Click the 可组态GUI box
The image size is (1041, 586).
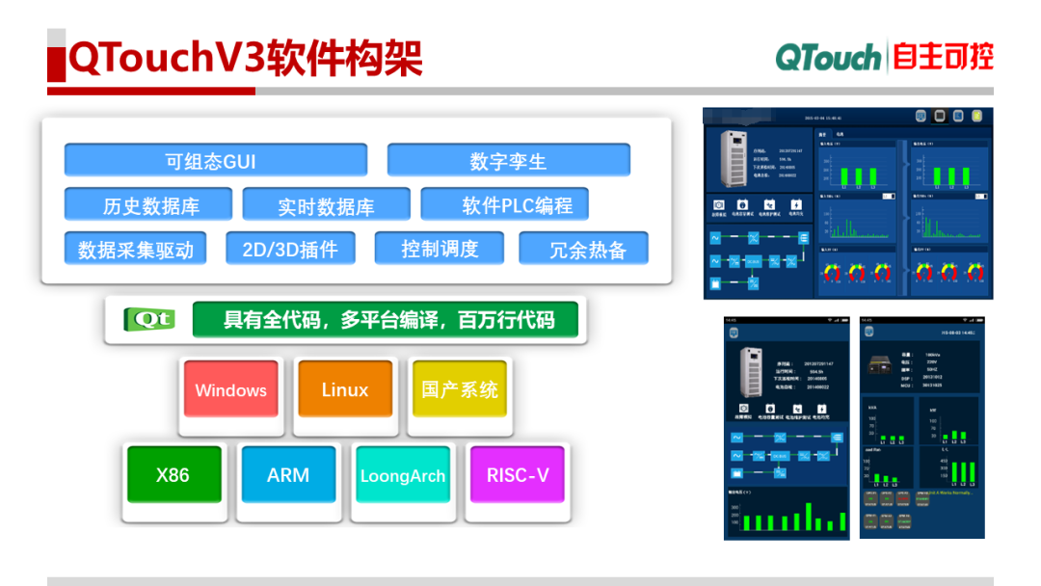pyautogui.click(x=215, y=160)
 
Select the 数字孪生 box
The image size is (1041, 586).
pyautogui.click(x=508, y=160)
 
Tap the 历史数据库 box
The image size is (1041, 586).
pyautogui.click(x=148, y=205)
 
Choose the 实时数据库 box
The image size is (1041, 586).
pyautogui.click(x=326, y=205)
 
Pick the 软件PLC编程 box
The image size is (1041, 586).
pyautogui.click(x=504, y=204)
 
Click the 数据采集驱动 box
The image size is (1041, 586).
pyautogui.click(x=136, y=249)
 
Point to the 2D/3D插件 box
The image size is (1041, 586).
pyautogui.click(x=290, y=249)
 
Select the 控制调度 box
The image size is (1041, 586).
pyautogui.click(x=440, y=248)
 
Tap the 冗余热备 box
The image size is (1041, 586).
pyautogui.click(x=583, y=249)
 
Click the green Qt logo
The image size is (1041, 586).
pyautogui.click(x=149, y=319)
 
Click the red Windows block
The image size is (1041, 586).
pyautogui.click(x=230, y=389)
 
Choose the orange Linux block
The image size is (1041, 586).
pyautogui.click(x=344, y=389)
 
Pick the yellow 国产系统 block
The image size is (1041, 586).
pyautogui.click(x=460, y=389)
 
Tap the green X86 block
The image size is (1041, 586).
pyautogui.click(x=173, y=474)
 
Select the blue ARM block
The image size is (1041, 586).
pyautogui.click(x=288, y=474)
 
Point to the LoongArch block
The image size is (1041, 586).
pyautogui.click(x=402, y=475)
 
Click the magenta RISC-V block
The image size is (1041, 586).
pyautogui.click(x=518, y=474)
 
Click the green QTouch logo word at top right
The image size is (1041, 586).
pyautogui.click(x=828, y=57)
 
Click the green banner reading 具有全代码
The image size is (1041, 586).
pyautogui.click(x=387, y=319)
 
